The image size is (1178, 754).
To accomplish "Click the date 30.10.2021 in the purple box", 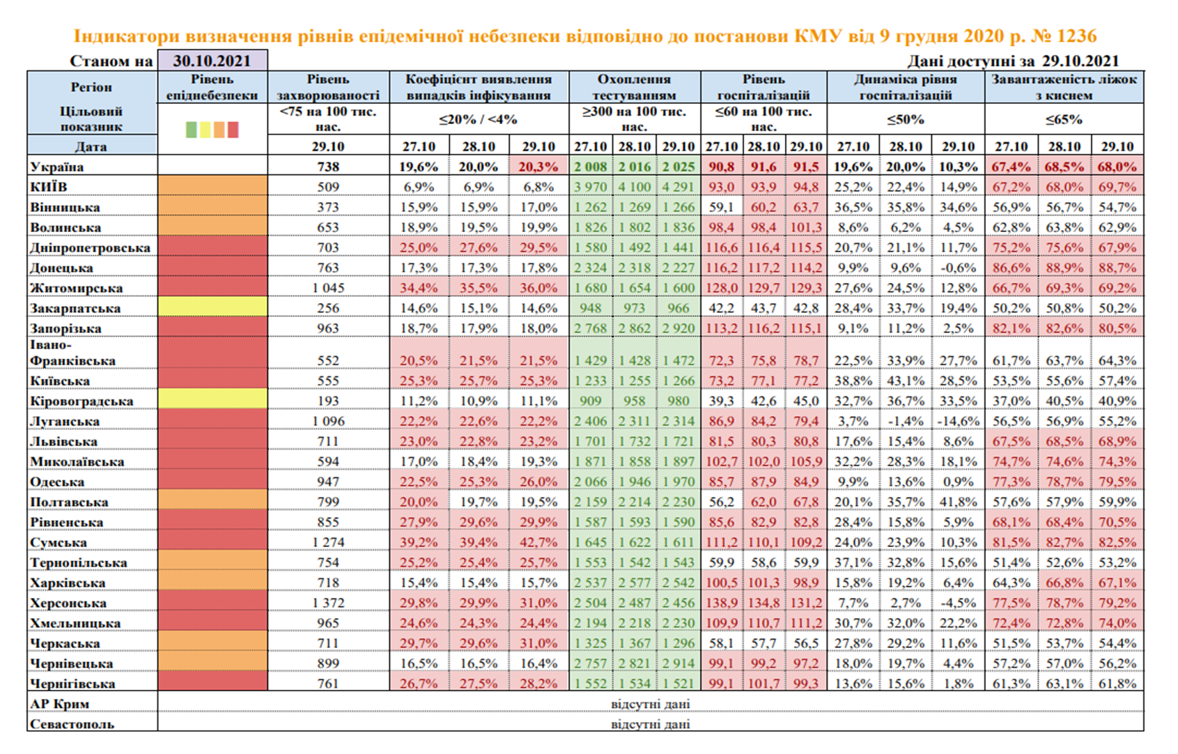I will pos(212,61).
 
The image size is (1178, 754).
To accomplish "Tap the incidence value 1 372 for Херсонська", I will pos(328,603).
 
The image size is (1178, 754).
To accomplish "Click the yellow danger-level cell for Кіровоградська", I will pos(212,401).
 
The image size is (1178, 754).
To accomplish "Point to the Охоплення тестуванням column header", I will pos(635,87).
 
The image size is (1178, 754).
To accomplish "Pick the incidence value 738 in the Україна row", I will pos(328,167).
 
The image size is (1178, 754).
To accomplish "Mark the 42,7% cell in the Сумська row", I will pos(538,542).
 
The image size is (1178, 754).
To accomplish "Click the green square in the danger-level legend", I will pos(192,130).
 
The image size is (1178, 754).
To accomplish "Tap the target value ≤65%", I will pos(1064,119).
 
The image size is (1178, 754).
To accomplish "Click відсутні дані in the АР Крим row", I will pos(650,704).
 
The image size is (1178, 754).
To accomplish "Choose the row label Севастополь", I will pos(72,724).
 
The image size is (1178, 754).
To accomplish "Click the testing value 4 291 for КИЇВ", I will pos(679,187).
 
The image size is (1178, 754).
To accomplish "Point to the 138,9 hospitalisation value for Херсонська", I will pos(721,603).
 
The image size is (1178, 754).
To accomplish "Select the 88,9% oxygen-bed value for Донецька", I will pos(1064,268).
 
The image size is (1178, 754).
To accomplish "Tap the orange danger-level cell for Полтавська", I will pos(212,502).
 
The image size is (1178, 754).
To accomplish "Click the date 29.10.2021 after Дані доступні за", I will pos(1080,61).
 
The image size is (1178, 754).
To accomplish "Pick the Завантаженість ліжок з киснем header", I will pos(1064,87).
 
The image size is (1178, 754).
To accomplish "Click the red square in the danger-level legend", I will pos(233,130).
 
